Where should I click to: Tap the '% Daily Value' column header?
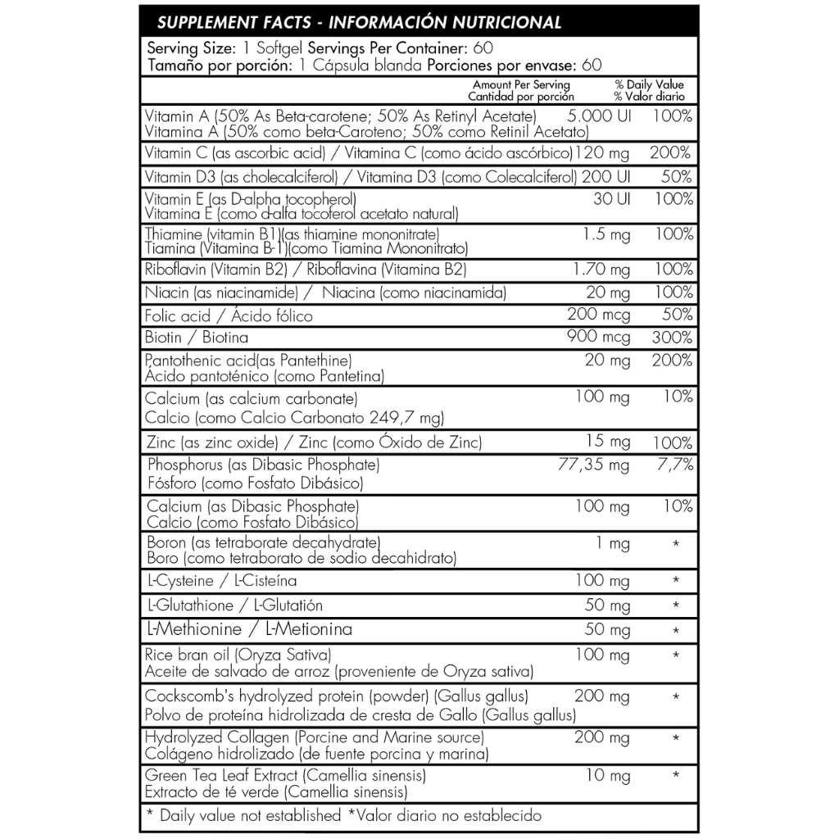(649, 84)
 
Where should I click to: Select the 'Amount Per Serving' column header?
(521, 84)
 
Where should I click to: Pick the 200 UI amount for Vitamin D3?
(606, 176)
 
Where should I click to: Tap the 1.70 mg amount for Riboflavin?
(600, 270)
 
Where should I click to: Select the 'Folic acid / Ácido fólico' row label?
(228, 315)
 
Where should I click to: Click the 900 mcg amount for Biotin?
(599, 337)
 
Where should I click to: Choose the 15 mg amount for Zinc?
(608, 442)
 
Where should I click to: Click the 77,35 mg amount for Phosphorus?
(593, 465)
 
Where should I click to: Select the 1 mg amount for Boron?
(619, 543)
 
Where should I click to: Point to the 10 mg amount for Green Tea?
(608, 775)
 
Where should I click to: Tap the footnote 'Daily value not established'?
(249, 815)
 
